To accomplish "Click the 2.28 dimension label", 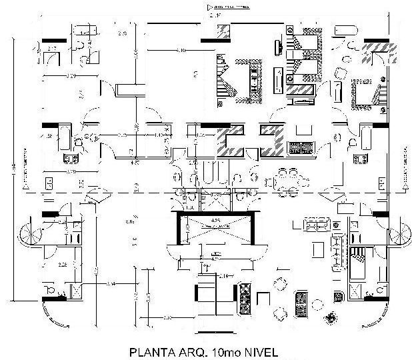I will [63, 265].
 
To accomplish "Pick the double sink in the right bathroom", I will [361, 159].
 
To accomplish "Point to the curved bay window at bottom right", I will [373, 313].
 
